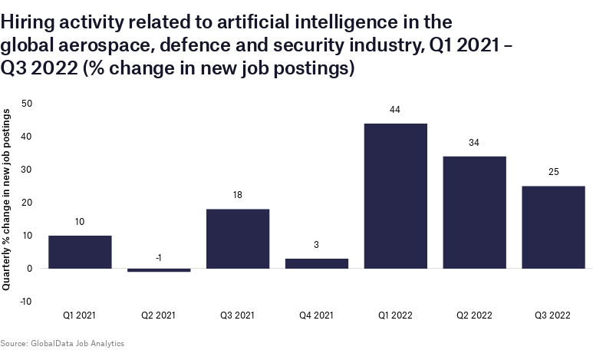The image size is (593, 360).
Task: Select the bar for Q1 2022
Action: [x=395, y=196]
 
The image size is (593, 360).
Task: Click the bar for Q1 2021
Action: [x=80, y=252]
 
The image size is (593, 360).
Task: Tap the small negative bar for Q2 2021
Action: [x=159, y=270]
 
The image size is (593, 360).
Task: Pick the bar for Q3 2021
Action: [x=238, y=239]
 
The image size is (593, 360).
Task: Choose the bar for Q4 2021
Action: [x=316, y=263]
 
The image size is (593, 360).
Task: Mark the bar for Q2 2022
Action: [x=474, y=213]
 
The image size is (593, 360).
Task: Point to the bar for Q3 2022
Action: [x=553, y=227]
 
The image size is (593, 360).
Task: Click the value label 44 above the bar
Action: [x=395, y=110]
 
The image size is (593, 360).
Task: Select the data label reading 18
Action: [x=238, y=196]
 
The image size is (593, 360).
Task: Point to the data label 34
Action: [x=474, y=143]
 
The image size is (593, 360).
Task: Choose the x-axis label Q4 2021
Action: [x=316, y=315]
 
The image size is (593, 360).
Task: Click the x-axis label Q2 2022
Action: [x=474, y=315]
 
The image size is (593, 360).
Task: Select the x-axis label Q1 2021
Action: [x=80, y=315]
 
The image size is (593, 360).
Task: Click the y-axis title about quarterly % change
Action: [x=7, y=200]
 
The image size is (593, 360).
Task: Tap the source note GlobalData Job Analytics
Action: [x=62, y=343]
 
